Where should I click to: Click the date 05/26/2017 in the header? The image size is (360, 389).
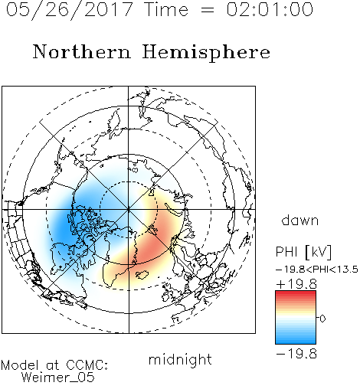pyautogui.click(x=70, y=10)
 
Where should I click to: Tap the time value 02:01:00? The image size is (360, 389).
pyautogui.click(x=270, y=9)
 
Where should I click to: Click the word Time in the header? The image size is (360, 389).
pyautogui.click(x=166, y=9)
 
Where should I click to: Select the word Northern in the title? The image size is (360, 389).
pyautogui.click(x=82, y=51)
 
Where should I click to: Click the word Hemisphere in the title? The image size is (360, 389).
pyautogui.click(x=206, y=53)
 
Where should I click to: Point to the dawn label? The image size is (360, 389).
pyautogui.click(x=300, y=220)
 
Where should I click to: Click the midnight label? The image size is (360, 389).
pyautogui.click(x=180, y=359)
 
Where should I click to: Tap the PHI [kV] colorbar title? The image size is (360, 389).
pyautogui.click(x=303, y=252)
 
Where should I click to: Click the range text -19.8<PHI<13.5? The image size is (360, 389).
pyautogui.click(x=317, y=270)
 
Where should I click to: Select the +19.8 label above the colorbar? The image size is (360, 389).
pyautogui.click(x=296, y=284)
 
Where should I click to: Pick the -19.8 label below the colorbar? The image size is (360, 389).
pyautogui.click(x=296, y=354)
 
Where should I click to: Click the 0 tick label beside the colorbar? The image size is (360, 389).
pyautogui.click(x=322, y=319)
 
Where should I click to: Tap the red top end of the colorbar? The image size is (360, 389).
pyautogui.click(x=296, y=293)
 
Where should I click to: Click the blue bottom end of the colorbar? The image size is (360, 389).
pyautogui.click(x=296, y=342)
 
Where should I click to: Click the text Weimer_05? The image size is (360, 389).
pyautogui.click(x=58, y=377)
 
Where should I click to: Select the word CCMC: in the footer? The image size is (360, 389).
pyautogui.click(x=87, y=365)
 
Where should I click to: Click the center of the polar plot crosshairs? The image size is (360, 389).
pyautogui.click(x=129, y=209)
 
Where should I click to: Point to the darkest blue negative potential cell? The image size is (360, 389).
pyautogui.click(x=64, y=224)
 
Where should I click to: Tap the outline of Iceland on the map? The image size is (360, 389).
pyautogui.click(x=141, y=275)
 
